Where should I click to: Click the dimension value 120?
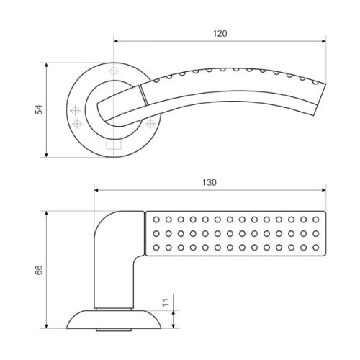[220, 34]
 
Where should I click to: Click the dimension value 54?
[39, 109]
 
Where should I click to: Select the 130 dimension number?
[210, 183]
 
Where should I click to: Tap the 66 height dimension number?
[39, 270]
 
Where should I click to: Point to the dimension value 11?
[166, 302]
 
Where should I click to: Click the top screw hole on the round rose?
[113, 71]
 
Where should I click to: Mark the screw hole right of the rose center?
[150, 124]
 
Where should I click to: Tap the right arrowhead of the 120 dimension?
[323, 41]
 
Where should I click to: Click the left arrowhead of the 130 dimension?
[97, 190]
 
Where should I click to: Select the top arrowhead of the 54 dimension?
[47, 66]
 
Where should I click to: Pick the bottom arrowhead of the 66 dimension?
[47, 325]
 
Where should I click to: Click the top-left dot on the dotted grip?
[156, 220]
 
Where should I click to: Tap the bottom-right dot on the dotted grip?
[316, 247]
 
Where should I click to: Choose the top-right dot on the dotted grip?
[316, 220]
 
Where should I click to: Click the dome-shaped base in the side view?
[114, 320]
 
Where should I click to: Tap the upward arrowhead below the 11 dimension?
[174, 313]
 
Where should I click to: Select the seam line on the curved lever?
[143, 95]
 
